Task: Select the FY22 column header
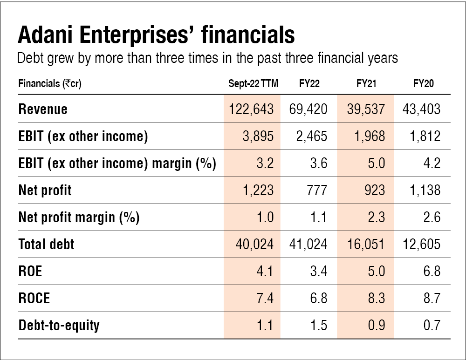click(x=309, y=84)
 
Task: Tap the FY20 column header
click(x=424, y=84)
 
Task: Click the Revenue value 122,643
click(x=252, y=109)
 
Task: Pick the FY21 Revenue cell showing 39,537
click(x=366, y=109)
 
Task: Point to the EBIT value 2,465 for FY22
click(x=312, y=136)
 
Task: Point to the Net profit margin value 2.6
click(x=432, y=217)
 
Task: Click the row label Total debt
click(x=46, y=245)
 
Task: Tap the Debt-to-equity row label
click(x=59, y=326)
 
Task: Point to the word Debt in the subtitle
click(x=29, y=59)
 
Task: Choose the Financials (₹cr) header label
click(x=47, y=84)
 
